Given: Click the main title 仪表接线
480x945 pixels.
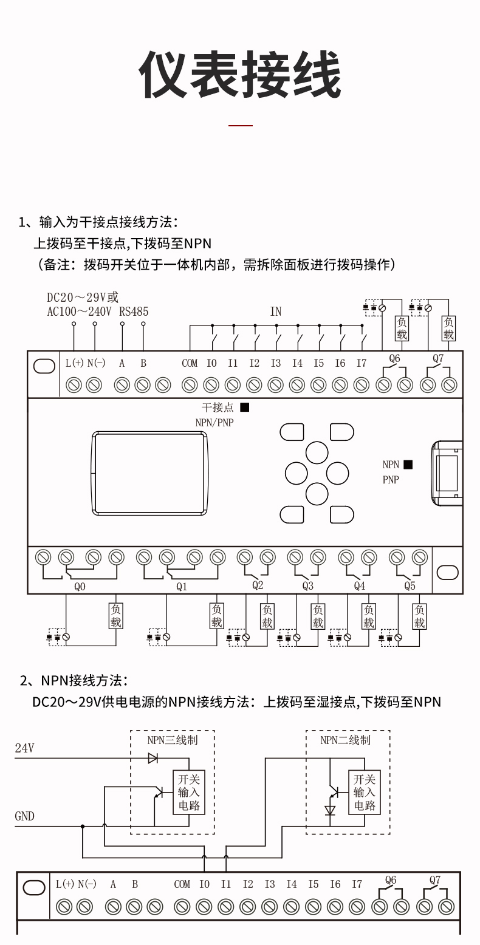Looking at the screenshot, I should [239, 75].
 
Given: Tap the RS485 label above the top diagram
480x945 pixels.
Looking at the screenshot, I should [134, 312].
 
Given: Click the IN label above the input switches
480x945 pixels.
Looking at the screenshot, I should [276, 312].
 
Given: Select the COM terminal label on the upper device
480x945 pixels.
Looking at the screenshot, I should [190, 363].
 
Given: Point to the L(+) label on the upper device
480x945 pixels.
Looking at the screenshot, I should [74, 363].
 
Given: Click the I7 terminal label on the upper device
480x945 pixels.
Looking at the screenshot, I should [362, 363].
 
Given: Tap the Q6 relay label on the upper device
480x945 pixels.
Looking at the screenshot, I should [394, 358].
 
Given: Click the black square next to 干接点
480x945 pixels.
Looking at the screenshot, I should [244, 408].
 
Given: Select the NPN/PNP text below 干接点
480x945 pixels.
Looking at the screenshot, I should [214, 422].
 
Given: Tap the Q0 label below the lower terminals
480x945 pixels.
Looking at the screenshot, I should [80, 587].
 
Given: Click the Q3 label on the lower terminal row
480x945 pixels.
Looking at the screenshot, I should [308, 586].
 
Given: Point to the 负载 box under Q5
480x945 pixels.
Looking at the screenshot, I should [419, 616].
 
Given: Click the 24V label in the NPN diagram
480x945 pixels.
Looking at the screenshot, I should [24, 748].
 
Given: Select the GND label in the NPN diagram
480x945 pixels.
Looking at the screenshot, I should [24, 816].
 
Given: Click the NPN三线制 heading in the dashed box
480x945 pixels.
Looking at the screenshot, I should [173, 740].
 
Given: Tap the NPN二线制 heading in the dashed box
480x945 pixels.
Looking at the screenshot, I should [345, 740].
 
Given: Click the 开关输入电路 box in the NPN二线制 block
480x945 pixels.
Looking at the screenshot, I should [365, 792].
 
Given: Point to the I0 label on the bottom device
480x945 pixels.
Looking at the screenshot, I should [204, 884].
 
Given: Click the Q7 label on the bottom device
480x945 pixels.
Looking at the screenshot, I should [435, 879].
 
